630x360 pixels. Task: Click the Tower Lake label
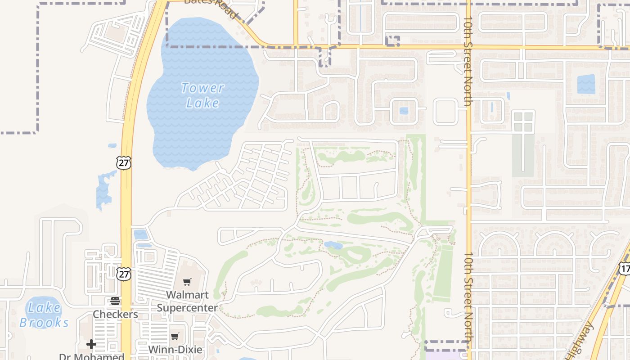tap(202, 95)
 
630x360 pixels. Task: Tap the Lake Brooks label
tap(44, 315)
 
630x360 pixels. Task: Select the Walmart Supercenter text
tap(187, 301)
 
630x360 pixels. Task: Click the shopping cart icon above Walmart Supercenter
tap(187, 282)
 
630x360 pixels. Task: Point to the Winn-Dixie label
tap(175, 350)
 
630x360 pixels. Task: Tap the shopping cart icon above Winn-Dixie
tap(175, 337)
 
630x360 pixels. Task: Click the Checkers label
tap(115, 314)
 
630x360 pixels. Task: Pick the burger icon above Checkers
tap(115, 301)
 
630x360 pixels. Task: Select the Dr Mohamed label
tap(91, 357)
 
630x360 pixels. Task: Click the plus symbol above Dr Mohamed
tap(91, 345)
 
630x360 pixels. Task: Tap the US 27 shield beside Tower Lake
tap(123, 163)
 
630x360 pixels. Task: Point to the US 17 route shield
tap(625, 269)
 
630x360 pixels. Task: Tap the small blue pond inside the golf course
tap(333, 245)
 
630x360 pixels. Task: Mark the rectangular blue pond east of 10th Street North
tap(586, 85)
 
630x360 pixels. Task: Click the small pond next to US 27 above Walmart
tap(140, 234)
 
